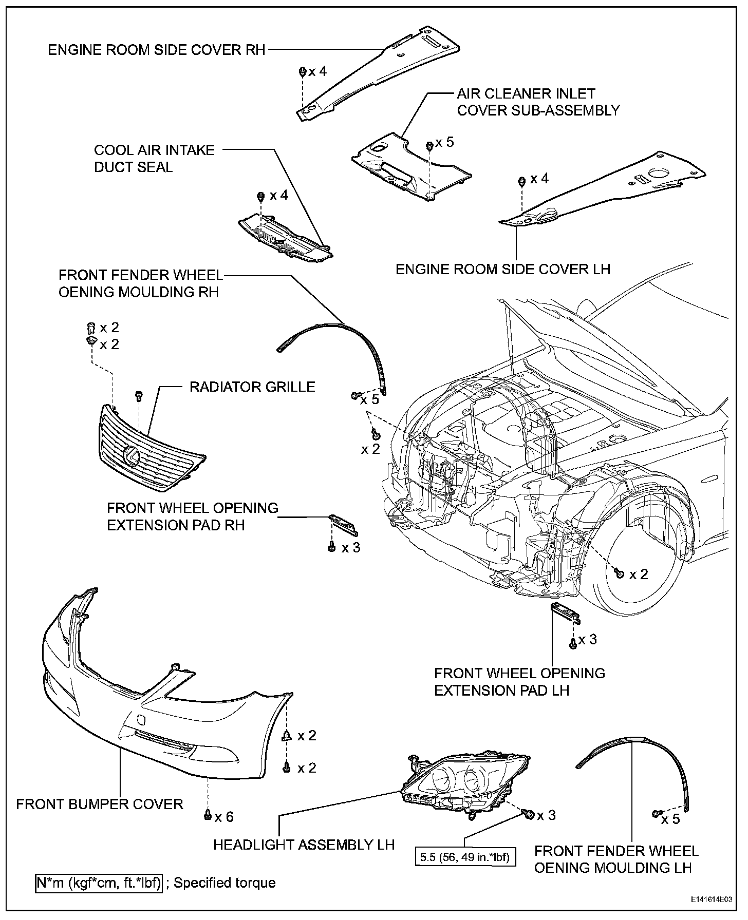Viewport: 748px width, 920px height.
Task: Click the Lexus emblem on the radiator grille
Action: tap(132, 456)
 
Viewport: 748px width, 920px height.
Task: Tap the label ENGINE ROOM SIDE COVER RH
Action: tap(157, 50)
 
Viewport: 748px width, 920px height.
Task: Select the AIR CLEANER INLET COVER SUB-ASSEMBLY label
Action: tap(538, 102)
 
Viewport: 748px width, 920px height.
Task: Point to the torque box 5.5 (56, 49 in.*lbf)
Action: tap(465, 857)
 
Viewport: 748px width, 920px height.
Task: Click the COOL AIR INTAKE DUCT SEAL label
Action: tap(154, 159)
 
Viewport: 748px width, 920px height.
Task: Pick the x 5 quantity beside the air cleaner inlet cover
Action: tap(444, 142)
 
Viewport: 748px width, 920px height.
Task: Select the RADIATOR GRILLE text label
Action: tap(252, 387)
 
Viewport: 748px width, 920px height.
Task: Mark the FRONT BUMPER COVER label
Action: tap(100, 804)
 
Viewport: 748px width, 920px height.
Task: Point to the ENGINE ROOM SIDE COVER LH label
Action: tap(503, 269)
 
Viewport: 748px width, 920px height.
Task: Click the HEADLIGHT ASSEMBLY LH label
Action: tap(304, 845)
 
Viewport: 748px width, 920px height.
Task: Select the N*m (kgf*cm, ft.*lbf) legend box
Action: tap(99, 883)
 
